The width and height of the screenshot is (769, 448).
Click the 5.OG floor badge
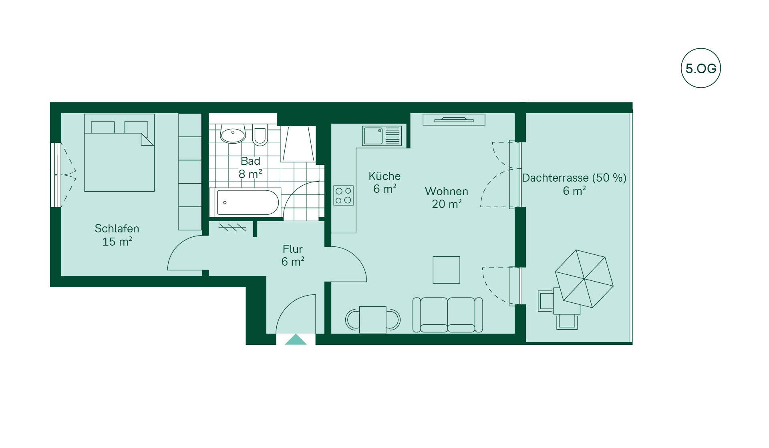pyautogui.click(x=701, y=68)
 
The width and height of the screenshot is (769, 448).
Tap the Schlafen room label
pyautogui.click(x=117, y=228)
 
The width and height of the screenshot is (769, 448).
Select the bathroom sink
pyautogui.click(x=233, y=134)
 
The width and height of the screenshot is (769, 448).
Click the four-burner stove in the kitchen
pyautogui.click(x=343, y=196)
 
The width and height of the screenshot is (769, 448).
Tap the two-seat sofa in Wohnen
pyautogui.click(x=447, y=315)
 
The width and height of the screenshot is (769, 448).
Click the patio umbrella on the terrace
pyautogui.click(x=584, y=279)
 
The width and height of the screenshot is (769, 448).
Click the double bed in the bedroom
pyautogui.click(x=119, y=153)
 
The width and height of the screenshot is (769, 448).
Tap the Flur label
pyautogui.click(x=292, y=249)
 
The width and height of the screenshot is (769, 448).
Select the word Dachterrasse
pyautogui.click(x=555, y=178)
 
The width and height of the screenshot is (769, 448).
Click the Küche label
pyautogui.click(x=384, y=176)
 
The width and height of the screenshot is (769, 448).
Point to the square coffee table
pyautogui.click(x=446, y=270)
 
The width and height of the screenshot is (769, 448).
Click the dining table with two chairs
pyautogui.click(x=373, y=320)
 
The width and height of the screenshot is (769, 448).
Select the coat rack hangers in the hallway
pyautogui.click(x=232, y=228)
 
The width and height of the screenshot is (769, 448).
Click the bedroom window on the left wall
pyautogui.click(x=56, y=175)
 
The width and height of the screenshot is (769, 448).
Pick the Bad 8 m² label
pyautogui.click(x=250, y=168)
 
